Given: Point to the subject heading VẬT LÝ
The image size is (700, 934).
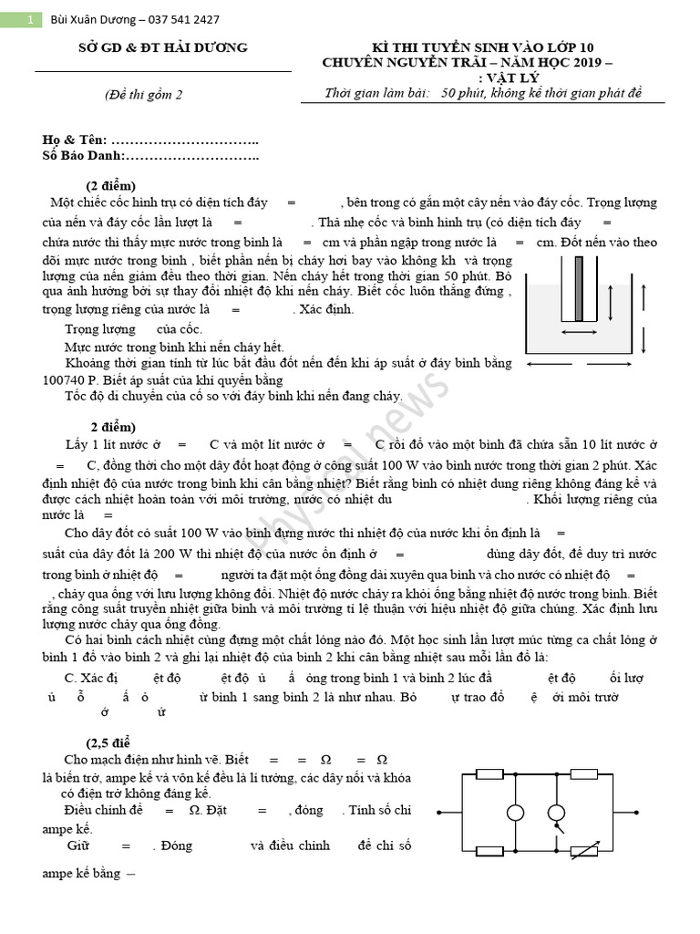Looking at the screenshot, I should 514,78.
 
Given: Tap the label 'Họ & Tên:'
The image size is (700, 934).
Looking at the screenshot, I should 75,140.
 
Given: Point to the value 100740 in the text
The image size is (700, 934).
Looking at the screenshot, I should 65,380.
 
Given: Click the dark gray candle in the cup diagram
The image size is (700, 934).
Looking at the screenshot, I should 579,287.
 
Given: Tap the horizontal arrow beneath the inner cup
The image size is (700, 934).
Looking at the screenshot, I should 579,333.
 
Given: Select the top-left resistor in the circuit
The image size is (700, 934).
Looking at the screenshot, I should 490,773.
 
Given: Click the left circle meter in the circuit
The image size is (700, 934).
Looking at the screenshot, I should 516,813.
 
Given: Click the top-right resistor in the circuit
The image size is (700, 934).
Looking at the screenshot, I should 583,773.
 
